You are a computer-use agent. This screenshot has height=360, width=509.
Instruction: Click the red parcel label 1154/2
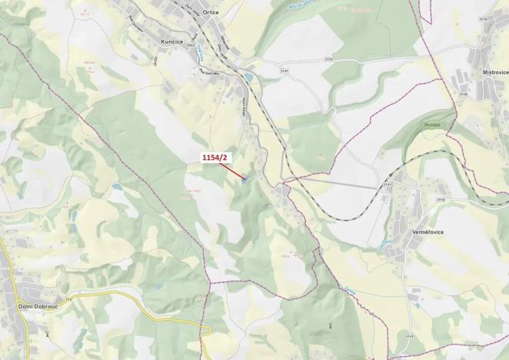coord(215,157)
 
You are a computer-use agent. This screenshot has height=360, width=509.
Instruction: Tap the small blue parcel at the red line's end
coord(245,182)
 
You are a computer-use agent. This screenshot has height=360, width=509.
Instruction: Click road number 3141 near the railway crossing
coord(386,185)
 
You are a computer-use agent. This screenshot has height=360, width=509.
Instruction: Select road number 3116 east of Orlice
coord(328,58)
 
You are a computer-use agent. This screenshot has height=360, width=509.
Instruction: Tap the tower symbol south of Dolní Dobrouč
coord(48,335)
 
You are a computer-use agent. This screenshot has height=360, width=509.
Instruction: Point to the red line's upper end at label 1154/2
coord(219,163)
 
